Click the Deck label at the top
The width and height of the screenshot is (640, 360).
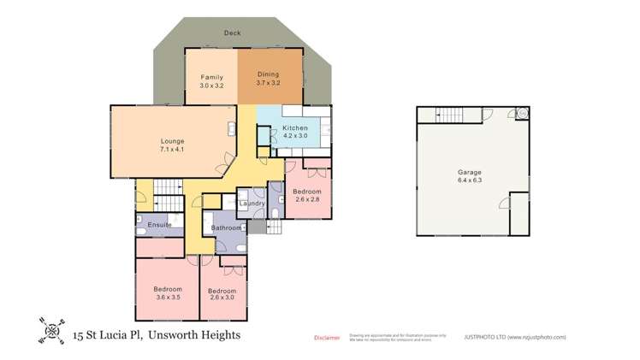point(232,33)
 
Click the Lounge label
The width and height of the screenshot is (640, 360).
point(173,141)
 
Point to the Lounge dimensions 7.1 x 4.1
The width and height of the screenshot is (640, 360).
point(173,150)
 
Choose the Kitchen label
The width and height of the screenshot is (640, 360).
point(295,128)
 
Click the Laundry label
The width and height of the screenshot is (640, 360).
point(252,203)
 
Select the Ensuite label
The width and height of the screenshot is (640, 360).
point(160,224)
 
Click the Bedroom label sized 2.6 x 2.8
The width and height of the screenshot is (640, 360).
point(306,191)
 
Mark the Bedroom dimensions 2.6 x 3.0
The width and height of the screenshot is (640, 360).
point(222,299)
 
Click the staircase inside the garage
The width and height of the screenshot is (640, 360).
point(446,114)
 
